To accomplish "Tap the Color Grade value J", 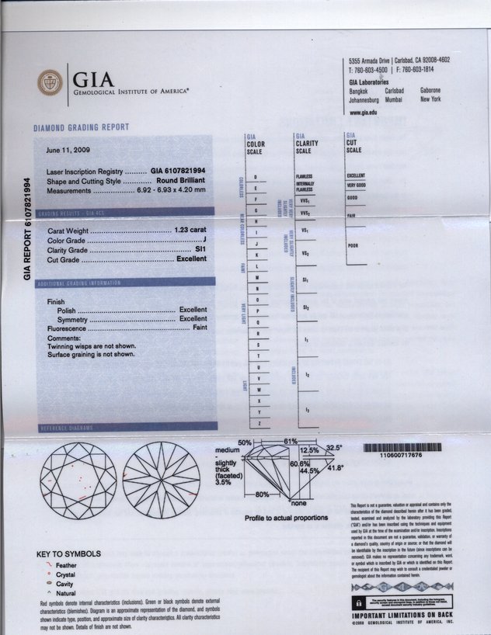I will click(204, 241).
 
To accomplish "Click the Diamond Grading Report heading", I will click(81, 127).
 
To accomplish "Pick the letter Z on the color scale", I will click(256, 423).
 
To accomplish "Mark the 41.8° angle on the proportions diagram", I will click(336, 468).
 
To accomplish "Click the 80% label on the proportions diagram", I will click(263, 494).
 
